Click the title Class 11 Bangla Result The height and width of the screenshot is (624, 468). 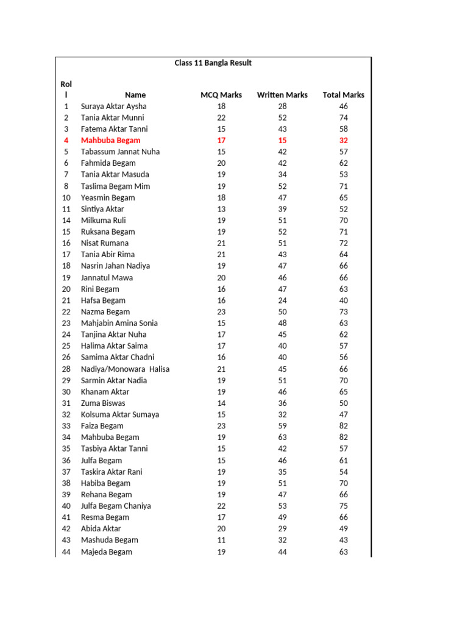click(213, 63)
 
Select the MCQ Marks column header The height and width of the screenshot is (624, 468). click(221, 95)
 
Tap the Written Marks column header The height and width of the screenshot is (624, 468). click(282, 95)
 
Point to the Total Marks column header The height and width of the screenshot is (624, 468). click(343, 95)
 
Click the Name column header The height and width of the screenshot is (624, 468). click(135, 95)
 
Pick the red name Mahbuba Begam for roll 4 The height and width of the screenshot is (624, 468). click(110, 140)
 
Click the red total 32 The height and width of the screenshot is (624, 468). click(344, 140)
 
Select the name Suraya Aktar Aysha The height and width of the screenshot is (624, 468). click(114, 106)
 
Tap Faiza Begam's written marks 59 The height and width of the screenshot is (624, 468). click(282, 426)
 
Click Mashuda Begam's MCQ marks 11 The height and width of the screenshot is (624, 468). click(221, 540)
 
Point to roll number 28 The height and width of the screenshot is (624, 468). click(66, 369)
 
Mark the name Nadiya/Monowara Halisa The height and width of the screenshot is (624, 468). click(125, 369)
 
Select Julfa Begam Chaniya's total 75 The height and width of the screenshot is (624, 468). click(344, 506)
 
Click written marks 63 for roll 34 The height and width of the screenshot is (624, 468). click(282, 437)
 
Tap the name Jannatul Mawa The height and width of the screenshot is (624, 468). click(107, 277)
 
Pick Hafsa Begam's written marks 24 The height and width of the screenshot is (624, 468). click(282, 300)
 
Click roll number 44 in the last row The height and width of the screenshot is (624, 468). click(66, 552)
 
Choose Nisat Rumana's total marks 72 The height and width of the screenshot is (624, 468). click(344, 243)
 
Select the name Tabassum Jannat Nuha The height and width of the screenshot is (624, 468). click(120, 152)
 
